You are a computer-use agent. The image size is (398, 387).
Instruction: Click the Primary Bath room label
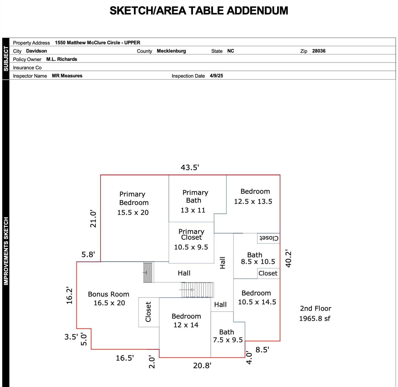point(195,197)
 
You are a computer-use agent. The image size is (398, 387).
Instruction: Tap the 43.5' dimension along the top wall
point(190,168)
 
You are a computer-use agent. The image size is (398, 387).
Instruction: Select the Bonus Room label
point(108,294)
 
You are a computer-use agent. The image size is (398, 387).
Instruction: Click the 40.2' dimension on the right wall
point(288,259)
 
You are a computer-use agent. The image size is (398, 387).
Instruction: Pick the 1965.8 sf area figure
point(315,318)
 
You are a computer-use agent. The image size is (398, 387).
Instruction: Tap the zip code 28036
point(319,51)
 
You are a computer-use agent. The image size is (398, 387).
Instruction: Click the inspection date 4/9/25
point(216,76)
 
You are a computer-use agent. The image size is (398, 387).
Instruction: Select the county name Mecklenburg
point(171,51)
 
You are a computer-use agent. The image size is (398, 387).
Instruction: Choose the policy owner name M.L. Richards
point(62,59)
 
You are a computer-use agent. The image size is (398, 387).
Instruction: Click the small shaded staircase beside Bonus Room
point(148,273)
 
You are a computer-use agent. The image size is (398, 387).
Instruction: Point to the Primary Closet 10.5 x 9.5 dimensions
point(191,247)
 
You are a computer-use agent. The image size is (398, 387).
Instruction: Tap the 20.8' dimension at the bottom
point(202,366)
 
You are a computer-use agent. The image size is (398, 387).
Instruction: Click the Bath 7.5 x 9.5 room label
point(228,336)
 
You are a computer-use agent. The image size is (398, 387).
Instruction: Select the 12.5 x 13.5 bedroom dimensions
point(253,202)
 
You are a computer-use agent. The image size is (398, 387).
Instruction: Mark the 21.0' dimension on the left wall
point(93,219)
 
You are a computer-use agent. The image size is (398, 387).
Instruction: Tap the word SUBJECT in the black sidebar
point(6,58)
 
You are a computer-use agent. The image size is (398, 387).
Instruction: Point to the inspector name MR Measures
point(67,76)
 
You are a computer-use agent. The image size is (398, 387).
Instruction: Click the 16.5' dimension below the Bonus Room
point(125,358)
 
